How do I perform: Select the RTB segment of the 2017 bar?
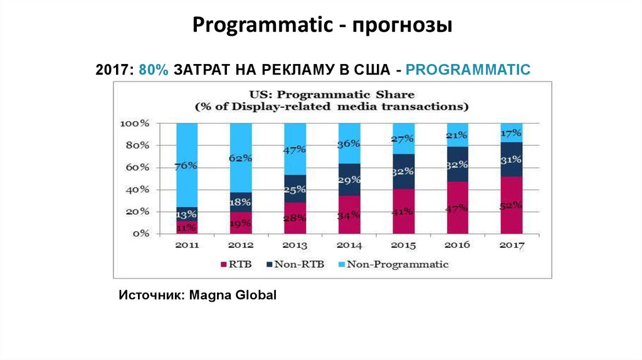point(511,205)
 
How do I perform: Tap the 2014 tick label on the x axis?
point(349,245)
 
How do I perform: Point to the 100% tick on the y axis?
point(134,124)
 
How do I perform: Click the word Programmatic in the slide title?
point(262,26)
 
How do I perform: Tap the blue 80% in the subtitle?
point(154,70)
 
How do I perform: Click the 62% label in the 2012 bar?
point(241,158)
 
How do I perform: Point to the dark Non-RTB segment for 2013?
point(295,188)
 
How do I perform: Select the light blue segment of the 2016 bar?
point(457,134)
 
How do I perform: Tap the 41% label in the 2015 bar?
point(403,211)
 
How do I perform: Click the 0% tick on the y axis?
point(140,233)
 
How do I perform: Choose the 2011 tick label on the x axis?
point(187,245)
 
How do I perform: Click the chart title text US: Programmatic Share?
point(332,95)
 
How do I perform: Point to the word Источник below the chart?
point(148,294)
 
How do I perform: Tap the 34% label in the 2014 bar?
point(349,215)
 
